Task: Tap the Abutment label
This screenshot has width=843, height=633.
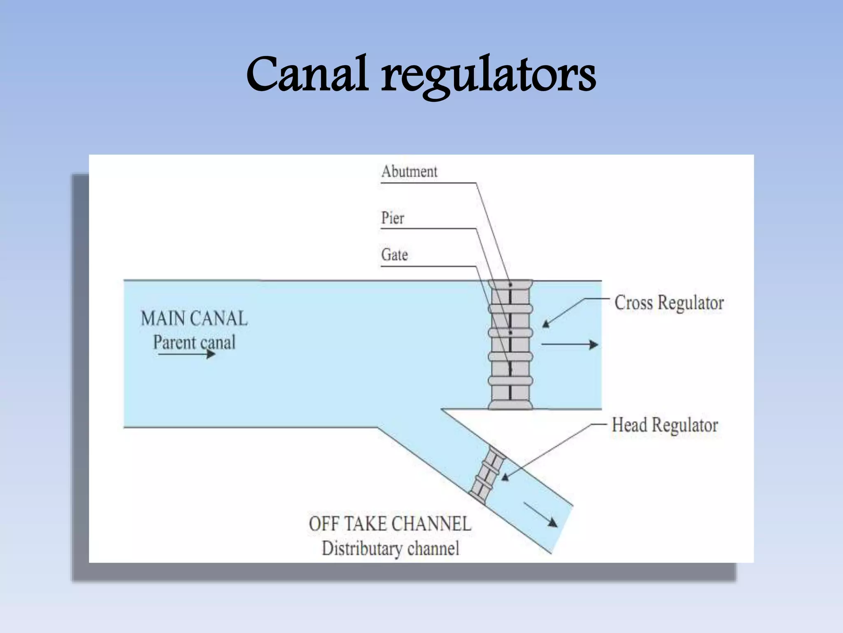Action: (409, 171)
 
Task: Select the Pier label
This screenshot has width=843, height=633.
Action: (393, 218)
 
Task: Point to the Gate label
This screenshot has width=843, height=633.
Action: (394, 255)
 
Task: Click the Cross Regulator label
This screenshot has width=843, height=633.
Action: (669, 303)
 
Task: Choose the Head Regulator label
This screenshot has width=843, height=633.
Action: (665, 425)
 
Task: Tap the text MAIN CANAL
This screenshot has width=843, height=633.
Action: (194, 319)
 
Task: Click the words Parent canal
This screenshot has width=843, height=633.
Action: (194, 342)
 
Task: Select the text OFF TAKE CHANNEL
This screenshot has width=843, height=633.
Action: (390, 524)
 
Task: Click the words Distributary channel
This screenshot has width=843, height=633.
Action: (390, 549)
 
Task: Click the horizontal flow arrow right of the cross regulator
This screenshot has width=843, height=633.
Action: (570, 345)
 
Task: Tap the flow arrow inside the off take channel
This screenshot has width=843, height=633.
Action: (540, 515)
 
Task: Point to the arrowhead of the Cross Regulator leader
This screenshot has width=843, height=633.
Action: (546, 324)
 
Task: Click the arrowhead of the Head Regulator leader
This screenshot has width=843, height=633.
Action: (505, 478)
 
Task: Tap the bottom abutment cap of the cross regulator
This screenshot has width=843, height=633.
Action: (510, 405)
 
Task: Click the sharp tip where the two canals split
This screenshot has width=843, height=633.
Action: (442, 410)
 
